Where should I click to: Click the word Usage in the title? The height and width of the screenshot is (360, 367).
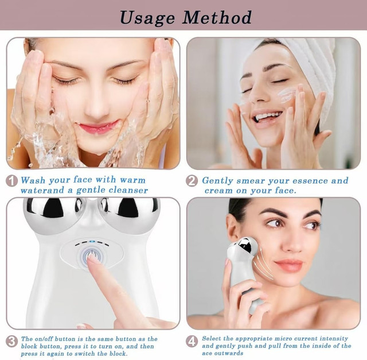[x=147, y=18]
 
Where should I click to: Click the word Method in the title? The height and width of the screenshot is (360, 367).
[x=217, y=17]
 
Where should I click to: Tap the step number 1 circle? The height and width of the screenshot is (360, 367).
[x=11, y=181]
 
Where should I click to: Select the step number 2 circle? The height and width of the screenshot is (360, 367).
[x=192, y=181]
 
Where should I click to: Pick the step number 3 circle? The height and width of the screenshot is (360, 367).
[x=11, y=342]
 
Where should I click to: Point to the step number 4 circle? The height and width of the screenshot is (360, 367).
[x=192, y=342]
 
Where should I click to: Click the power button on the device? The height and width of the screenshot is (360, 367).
[x=92, y=256]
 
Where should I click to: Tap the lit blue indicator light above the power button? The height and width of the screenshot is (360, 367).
[x=92, y=242]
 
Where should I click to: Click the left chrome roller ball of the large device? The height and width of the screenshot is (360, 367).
[x=53, y=215]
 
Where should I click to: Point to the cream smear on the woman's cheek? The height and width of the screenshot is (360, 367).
[x=287, y=96]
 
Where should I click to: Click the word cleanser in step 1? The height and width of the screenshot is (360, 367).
[x=128, y=190]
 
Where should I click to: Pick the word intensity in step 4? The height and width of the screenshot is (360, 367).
[x=334, y=339]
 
